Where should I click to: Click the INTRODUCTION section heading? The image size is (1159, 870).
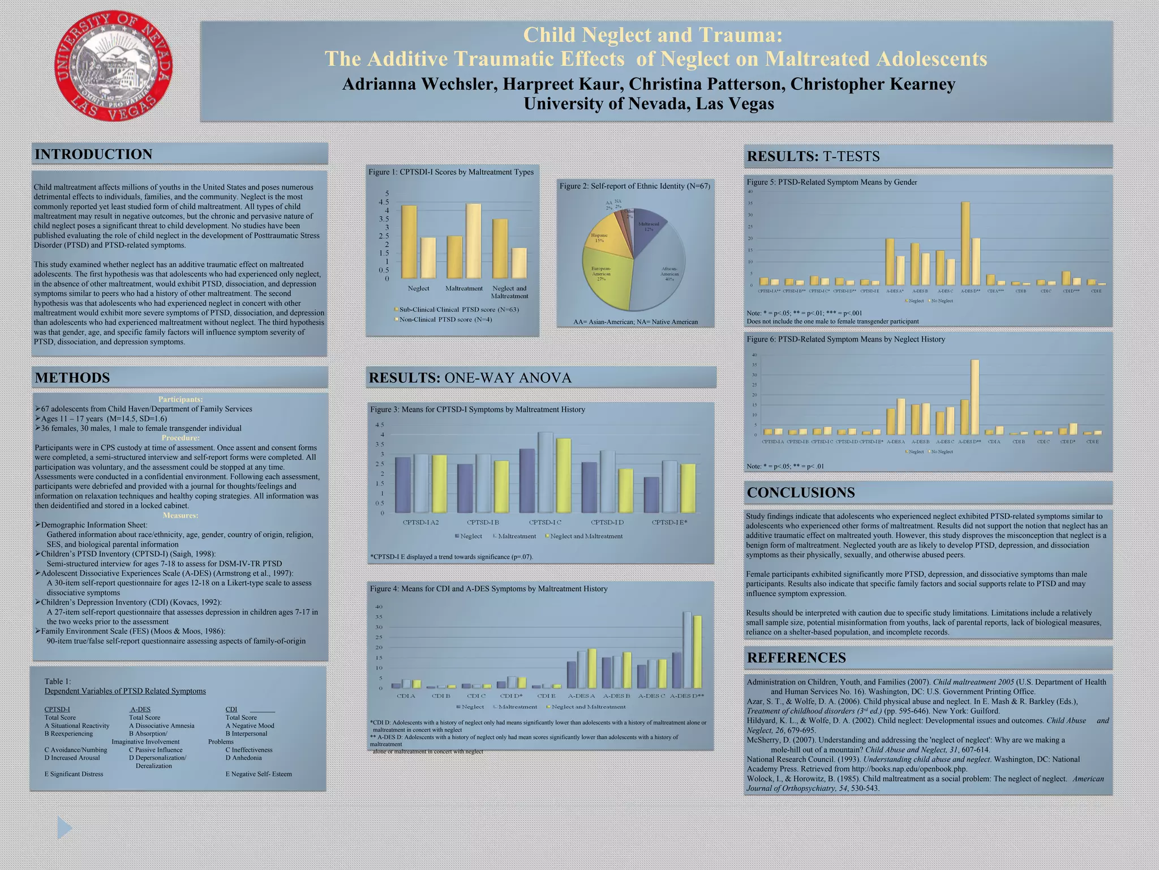pos(93,154)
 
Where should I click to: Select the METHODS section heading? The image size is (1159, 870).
pos(72,378)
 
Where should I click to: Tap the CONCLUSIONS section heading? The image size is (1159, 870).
pos(801,492)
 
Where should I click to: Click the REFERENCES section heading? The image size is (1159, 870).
pos(796,658)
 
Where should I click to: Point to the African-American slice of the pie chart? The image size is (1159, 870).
pos(662,272)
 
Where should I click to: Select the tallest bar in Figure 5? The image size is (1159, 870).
pos(965,244)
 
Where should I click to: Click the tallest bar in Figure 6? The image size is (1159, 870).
pos(975,396)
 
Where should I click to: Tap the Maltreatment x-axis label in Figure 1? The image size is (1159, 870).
pos(463,288)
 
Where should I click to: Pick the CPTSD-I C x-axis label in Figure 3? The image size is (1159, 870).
pos(545,522)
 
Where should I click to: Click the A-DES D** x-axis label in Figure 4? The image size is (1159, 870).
pos(686,696)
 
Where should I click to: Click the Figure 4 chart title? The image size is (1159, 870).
pos(488,588)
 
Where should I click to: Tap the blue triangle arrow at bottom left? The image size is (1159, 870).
pos(64,828)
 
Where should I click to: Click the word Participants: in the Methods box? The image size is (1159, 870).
pos(180,399)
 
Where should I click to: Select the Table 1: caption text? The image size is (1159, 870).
pos(58,681)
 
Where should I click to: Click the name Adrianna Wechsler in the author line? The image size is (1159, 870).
pos(419,84)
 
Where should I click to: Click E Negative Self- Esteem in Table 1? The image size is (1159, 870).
pos(259,774)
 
